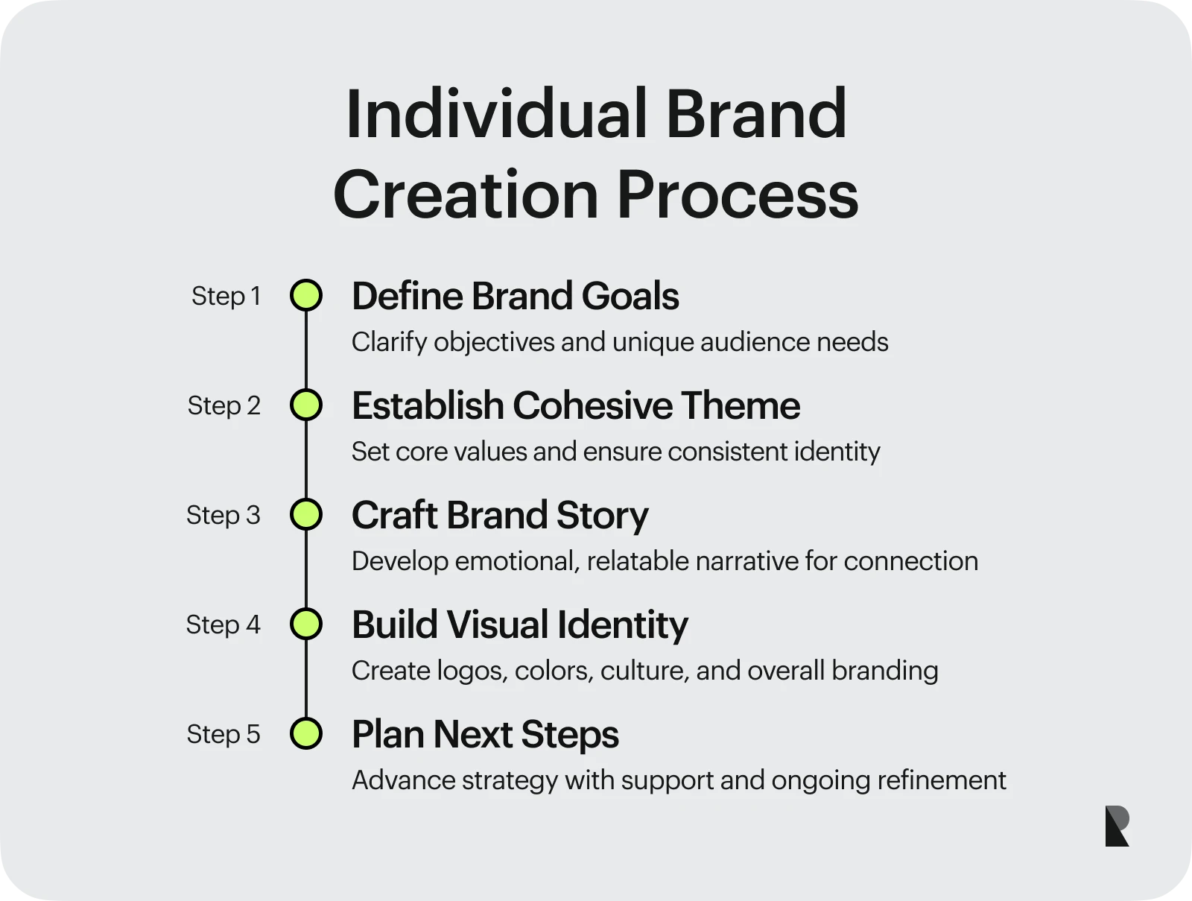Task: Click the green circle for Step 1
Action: [x=306, y=295]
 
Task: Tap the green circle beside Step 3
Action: [x=306, y=514]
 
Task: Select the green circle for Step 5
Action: [x=306, y=733]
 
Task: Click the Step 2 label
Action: [x=223, y=405]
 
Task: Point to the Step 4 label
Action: [x=223, y=625]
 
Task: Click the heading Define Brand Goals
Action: [x=516, y=296]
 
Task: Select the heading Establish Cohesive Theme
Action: [x=576, y=405]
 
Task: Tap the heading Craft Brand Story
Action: [x=500, y=516]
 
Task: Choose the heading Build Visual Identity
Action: [x=520, y=625]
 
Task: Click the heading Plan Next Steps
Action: [x=485, y=735]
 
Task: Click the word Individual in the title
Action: [x=496, y=113]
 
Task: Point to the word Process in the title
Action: [x=738, y=195]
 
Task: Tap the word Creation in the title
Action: [x=466, y=195]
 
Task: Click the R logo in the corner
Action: [x=1117, y=826]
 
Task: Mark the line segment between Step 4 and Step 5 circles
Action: [x=306, y=678]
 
